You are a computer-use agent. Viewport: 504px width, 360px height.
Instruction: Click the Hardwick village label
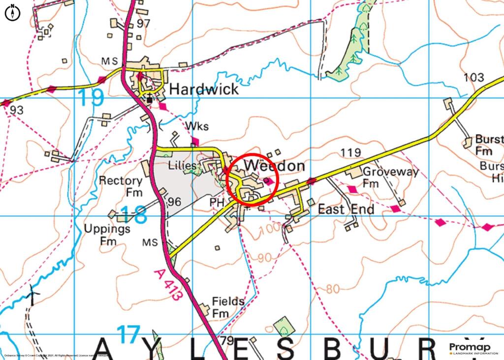coord(204,89)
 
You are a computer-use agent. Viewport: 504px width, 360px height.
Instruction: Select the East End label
coord(346,209)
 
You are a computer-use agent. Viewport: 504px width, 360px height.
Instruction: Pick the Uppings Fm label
coord(107,235)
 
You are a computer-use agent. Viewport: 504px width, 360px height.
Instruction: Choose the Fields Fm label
coord(227,307)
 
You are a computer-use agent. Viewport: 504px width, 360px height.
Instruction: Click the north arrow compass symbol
coord(12,13)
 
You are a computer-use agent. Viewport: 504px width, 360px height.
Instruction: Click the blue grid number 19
coord(91,98)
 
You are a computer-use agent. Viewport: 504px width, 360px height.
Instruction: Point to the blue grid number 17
coord(129,334)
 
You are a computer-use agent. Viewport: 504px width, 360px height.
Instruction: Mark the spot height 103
coord(473,78)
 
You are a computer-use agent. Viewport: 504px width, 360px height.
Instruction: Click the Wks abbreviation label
coord(197,126)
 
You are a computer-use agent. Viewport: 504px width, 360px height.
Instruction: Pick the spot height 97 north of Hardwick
coord(143,24)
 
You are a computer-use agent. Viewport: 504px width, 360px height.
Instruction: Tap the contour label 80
coord(333,289)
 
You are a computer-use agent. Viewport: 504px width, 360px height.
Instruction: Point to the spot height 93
coord(16,111)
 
